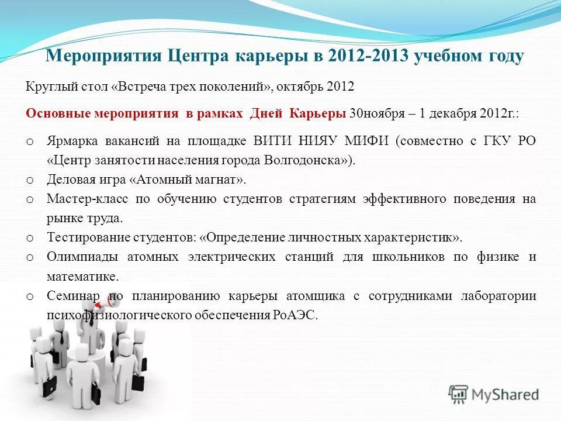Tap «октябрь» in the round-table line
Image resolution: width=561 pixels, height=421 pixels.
pyautogui.click(x=297, y=87)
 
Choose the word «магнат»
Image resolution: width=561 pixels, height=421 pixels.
pyautogui.click(x=219, y=180)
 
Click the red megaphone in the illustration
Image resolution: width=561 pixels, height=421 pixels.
pyautogui.click(x=112, y=303)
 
